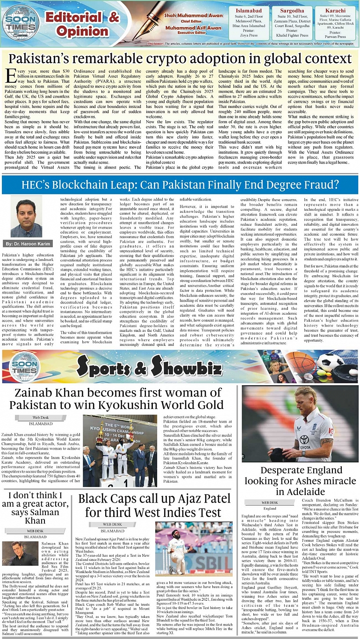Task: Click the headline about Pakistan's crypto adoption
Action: click(x=180, y=59)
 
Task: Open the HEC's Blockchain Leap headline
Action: click(x=180, y=183)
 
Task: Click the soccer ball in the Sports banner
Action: click(x=331, y=362)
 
